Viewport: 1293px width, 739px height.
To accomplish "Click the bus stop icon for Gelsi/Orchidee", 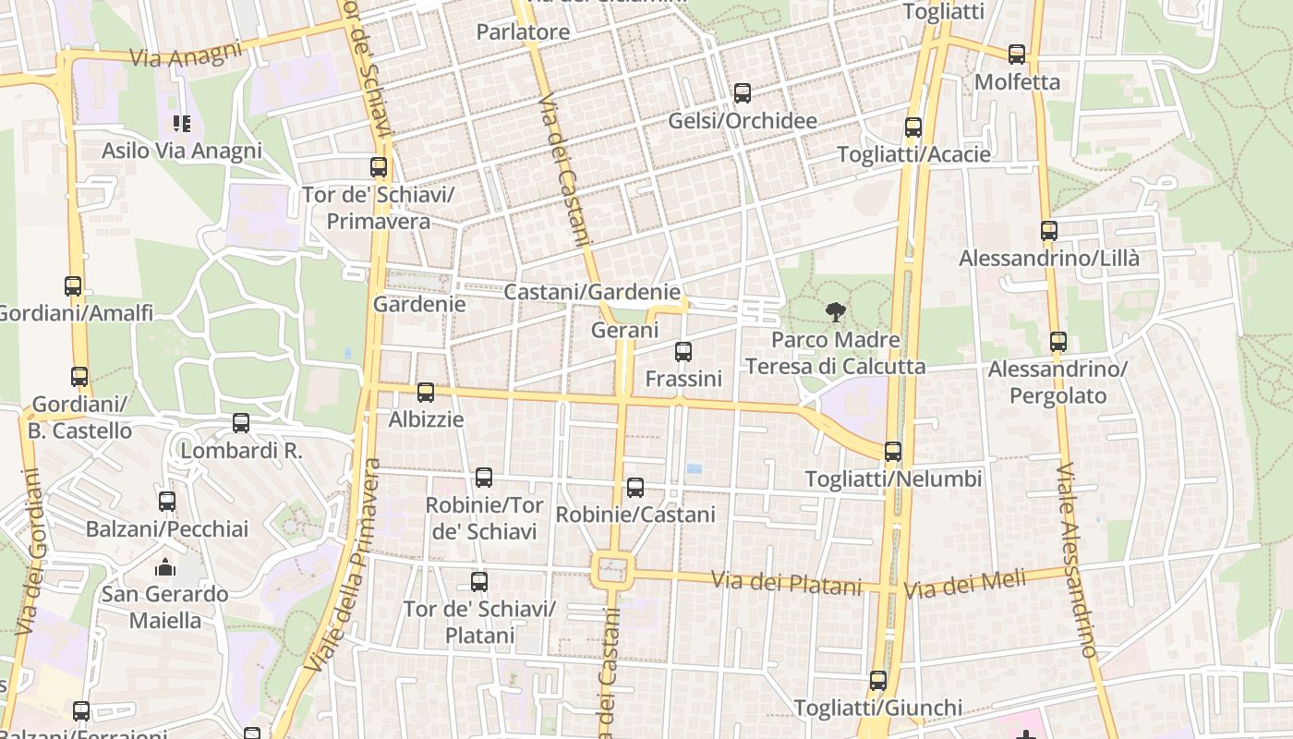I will [x=743, y=93].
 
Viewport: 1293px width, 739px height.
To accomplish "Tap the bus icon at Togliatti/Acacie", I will [x=913, y=127].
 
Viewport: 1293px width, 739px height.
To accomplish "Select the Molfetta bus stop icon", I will [x=1017, y=55].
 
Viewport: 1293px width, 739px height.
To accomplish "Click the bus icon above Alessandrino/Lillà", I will [x=1049, y=231].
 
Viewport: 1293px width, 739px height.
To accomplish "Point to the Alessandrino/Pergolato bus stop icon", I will [x=1058, y=342].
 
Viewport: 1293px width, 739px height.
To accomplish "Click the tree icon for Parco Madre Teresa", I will [x=836, y=312].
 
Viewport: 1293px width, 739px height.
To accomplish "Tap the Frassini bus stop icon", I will [x=683, y=352].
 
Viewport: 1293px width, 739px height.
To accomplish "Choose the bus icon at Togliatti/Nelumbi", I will [x=893, y=452].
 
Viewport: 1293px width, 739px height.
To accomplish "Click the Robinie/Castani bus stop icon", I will [x=635, y=488].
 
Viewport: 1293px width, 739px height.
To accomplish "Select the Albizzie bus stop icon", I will [x=426, y=393].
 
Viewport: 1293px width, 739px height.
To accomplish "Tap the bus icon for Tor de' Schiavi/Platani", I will [x=479, y=582].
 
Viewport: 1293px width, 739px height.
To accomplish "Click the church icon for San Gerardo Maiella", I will [x=165, y=566].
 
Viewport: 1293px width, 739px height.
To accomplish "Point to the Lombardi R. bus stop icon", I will [x=241, y=423].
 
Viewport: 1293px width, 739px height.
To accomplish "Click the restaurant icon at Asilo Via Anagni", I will [x=182, y=123].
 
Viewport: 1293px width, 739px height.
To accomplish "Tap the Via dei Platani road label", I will [x=786, y=584].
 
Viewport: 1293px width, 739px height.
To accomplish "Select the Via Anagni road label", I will [x=186, y=54].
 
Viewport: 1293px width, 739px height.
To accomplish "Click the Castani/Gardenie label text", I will [x=592, y=292].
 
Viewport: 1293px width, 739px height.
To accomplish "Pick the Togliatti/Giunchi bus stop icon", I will [x=878, y=681].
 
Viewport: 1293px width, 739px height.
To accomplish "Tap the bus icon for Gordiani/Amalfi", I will [x=73, y=286].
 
